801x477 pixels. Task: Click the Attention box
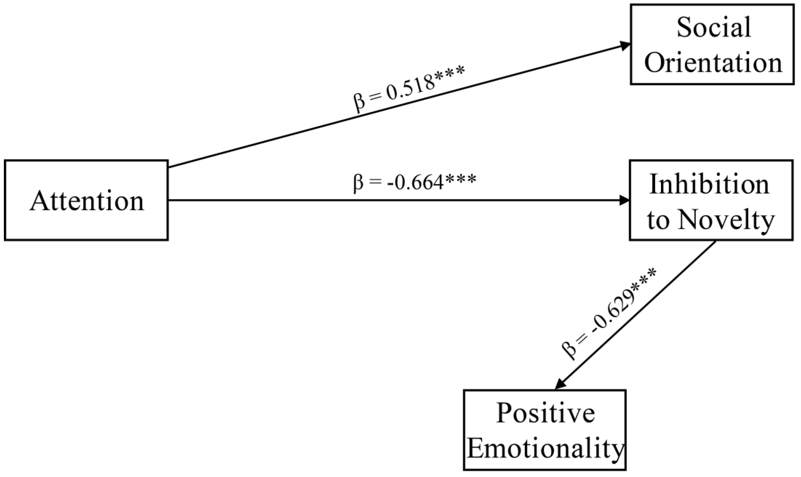pos(86,200)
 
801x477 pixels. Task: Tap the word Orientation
pos(713,63)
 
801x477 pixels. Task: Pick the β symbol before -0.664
pos(358,184)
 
